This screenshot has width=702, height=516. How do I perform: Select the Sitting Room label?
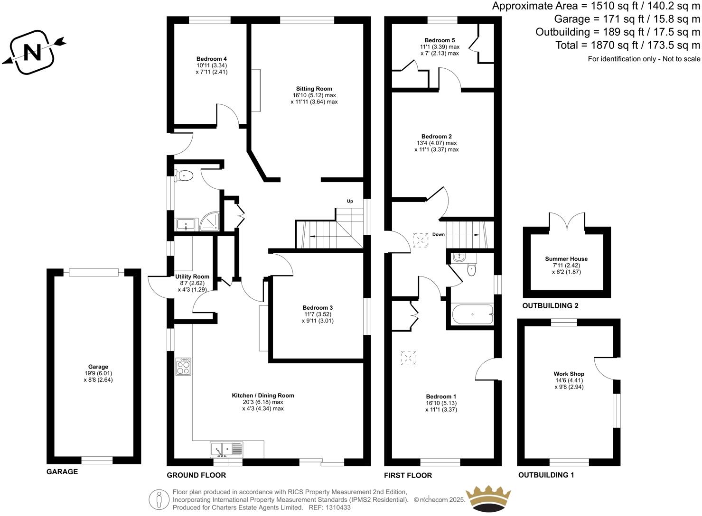(x=314, y=89)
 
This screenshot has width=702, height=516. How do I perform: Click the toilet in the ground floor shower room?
(x=185, y=176)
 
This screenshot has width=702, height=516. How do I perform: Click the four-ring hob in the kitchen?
(x=183, y=366)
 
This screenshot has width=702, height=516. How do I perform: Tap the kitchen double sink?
(x=226, y=449)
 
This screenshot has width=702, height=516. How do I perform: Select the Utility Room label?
(x=192, y=276)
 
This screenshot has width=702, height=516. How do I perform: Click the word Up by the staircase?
(x=350, y=201)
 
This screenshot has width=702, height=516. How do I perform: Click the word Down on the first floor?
(x=438, y=234)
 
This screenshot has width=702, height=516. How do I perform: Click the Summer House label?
(x=566, y=259)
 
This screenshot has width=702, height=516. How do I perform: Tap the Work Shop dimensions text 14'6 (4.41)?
(x=569, y=380)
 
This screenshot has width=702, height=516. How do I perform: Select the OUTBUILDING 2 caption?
(x=550, y=306)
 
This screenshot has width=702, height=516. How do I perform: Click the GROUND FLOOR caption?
(x=196, y=475)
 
